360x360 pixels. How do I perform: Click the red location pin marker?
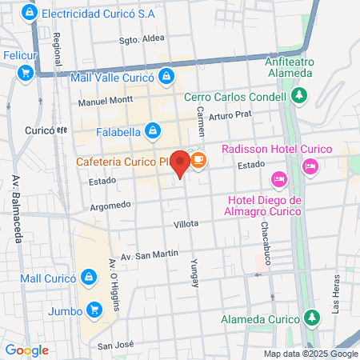(181, 162)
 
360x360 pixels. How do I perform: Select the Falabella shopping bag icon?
(154, 130)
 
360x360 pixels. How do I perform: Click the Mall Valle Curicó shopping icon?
(166, 77)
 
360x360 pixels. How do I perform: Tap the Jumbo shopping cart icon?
(95, 308)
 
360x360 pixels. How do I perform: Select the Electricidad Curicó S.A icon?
(30, 14)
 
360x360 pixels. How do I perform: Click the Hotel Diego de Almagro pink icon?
(279, 178)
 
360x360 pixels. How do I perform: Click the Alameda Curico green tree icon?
(310, 318)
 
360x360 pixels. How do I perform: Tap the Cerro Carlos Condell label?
(235, 98)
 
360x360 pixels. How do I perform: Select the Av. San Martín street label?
(145, 254)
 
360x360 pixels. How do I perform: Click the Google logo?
(27, 350)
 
